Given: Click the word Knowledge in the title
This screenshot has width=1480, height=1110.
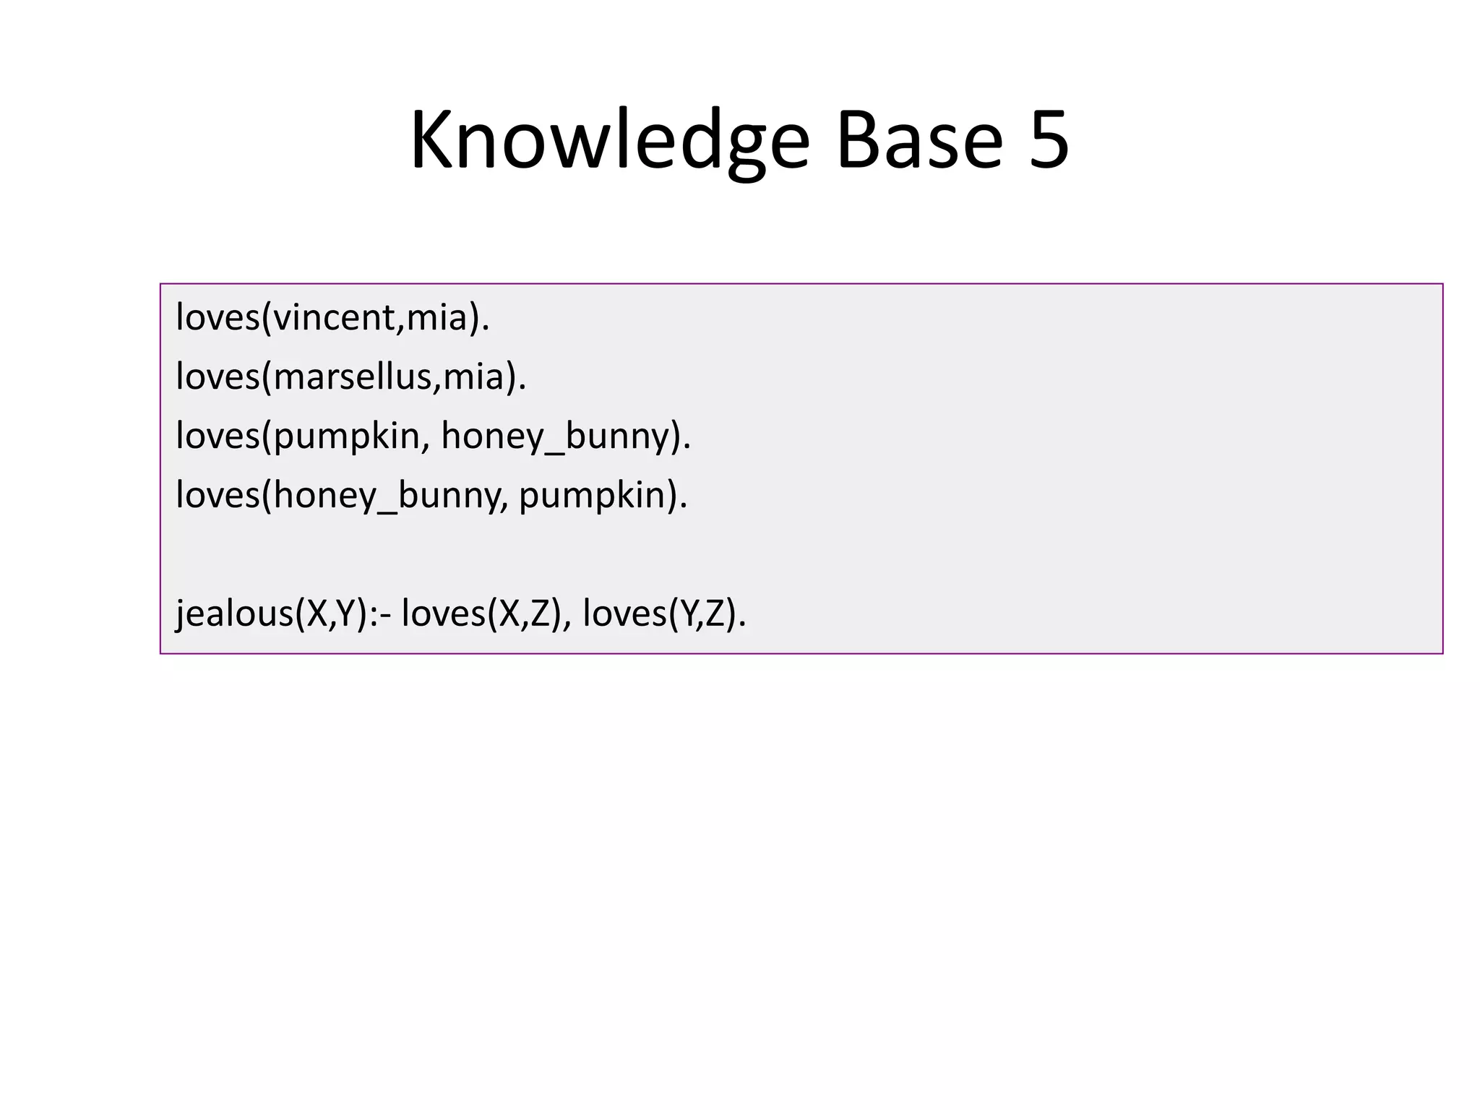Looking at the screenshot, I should pyautogui.click(x=609, y=140).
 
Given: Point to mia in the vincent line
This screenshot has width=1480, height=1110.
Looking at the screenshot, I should pyautogui.click(x=437, y=318).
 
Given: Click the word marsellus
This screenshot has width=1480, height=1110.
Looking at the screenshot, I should pyautogui.click(x=353, y=377).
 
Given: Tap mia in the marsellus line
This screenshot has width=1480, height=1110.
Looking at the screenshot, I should pyautogui.click(x=473, y=377).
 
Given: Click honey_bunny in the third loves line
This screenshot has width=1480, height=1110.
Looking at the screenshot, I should pyautogui.click(x=555, y=437).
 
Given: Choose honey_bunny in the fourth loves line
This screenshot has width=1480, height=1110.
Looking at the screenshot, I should pyautogui.click(x=387, y=496).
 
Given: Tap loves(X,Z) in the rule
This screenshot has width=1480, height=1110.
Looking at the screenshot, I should pyautogui.click(x=482, y=614).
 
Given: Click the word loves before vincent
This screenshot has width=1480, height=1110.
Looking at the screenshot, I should pyautogui.click(x=218, y=318).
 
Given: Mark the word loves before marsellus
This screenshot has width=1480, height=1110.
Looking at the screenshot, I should pyautogui.click(x=218, y=377).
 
